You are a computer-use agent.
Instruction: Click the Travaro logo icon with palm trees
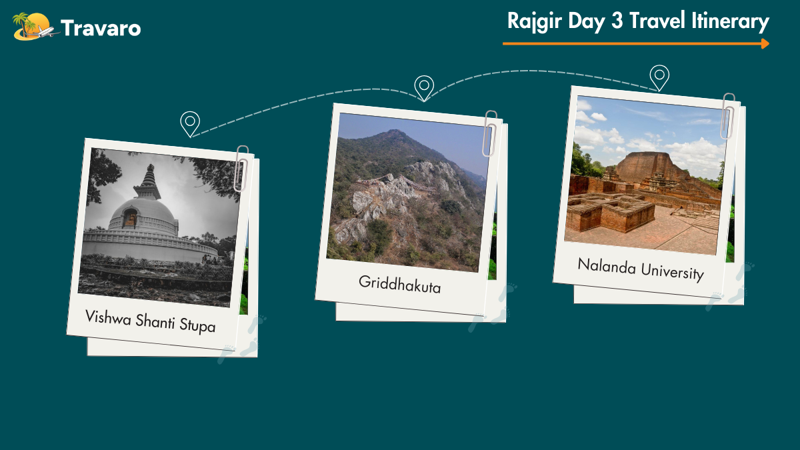(35, 27)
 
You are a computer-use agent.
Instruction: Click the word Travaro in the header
(101, 28)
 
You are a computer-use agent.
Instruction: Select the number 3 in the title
(617, 21)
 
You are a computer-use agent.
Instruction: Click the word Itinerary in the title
(730, 21)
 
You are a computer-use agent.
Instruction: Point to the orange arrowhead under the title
(765, 43)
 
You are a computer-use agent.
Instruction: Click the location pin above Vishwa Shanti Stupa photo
(190, 124)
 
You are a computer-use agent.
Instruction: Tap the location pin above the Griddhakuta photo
(424, 88)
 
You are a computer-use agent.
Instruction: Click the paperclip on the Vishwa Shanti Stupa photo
(242, 168)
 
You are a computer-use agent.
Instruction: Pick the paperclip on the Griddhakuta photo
(489, 133)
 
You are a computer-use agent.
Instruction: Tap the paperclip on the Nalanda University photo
(727, 116)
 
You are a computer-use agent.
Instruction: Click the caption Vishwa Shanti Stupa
(151, 321)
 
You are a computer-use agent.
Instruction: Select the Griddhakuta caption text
(399, 285)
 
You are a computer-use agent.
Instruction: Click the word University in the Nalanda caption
(672, 272)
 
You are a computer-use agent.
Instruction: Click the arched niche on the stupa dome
(130, 217)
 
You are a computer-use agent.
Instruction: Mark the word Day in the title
(587, 21)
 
